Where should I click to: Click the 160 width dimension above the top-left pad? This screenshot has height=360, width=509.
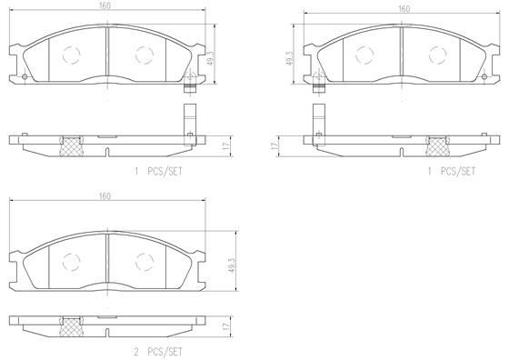pos(105,6)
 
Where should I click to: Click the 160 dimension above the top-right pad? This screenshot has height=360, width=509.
pos(404,9)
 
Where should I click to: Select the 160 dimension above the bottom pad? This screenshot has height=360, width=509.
pos(105,196)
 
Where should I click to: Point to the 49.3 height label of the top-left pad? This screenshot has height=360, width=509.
pos(211,58)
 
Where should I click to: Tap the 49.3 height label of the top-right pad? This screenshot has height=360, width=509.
pos(289,58)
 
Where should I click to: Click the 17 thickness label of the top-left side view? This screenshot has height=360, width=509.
pos(227,145)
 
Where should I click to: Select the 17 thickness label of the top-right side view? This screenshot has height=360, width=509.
pos(274,145)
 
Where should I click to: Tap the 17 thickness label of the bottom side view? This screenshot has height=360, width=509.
pos(227,325)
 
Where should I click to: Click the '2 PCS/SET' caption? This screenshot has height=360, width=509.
pos(158,352)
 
